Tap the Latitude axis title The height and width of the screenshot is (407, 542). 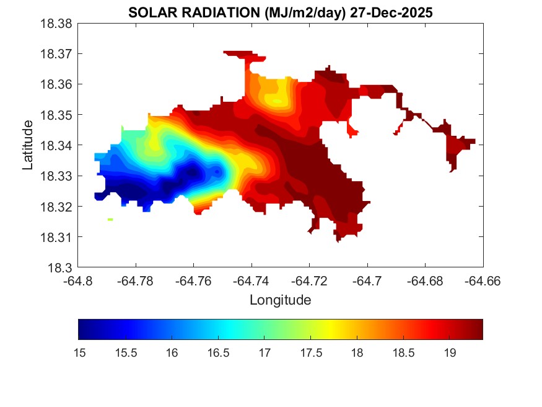(28, 145)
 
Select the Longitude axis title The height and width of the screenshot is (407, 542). (280, 300)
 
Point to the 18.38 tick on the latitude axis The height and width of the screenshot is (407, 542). (58, 24)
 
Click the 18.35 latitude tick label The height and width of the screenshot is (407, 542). (58, 115)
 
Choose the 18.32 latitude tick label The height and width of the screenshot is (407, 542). (58, 207)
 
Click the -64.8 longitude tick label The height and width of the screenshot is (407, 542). (79, 280)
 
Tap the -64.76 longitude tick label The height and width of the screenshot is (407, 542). (194, 280)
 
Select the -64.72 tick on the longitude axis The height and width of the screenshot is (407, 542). (310, 280)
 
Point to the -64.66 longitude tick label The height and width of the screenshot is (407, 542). (483, 280)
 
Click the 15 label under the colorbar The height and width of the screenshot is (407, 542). (79, 352)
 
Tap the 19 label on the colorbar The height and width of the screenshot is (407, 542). (450, 352)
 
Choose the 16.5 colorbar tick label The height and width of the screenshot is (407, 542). (218, 352)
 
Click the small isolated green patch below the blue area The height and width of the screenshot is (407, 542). (110, 219)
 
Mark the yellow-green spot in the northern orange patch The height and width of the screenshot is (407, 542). (278, 100)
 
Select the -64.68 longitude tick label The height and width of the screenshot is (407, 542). (425, 280)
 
